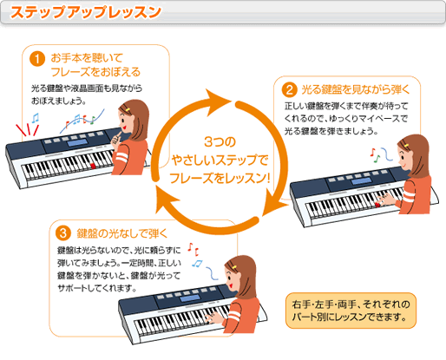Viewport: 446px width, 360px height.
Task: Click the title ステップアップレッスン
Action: [85, 13]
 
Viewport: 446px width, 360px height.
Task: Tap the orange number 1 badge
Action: [37, 60]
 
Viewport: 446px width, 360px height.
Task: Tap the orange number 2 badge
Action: [290, 89]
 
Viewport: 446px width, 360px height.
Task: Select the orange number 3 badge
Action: [61, 232]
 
